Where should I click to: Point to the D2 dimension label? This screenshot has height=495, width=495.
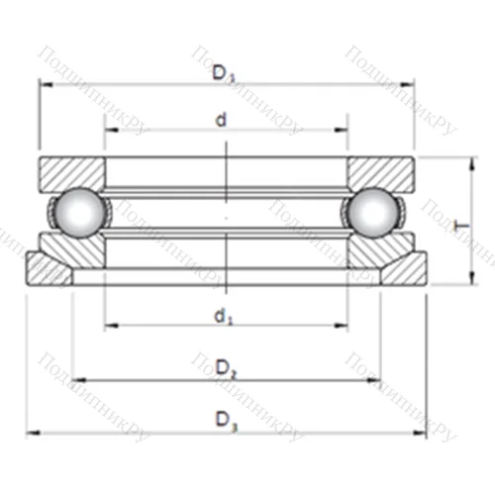[226, 370]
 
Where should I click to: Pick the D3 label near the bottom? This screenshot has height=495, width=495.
[227, 421]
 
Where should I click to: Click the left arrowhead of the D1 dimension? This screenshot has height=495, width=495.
[44, 84]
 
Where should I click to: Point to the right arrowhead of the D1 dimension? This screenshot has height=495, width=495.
[408, 84]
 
